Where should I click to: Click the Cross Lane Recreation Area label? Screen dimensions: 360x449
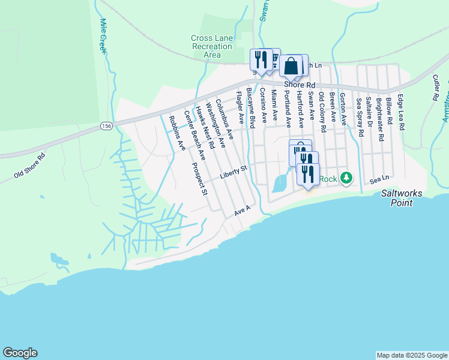click(x=211, y=46)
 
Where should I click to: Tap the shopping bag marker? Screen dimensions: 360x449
click(x=291, y=66)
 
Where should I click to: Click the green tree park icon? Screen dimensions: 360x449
click(x=346, y=178)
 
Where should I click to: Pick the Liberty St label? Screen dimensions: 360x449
click(x=234, y=172)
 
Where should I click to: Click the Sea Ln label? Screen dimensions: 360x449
click(x=379, y=179)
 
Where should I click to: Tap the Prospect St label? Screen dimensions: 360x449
click(x=199, y=179)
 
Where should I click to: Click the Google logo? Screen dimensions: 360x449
click(x=20, y=353)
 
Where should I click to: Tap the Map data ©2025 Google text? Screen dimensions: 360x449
click(x=412, y=355)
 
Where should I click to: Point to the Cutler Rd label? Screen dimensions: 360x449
click(x=436, y=88)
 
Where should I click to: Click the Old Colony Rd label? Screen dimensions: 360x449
click(x=322, y=112)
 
